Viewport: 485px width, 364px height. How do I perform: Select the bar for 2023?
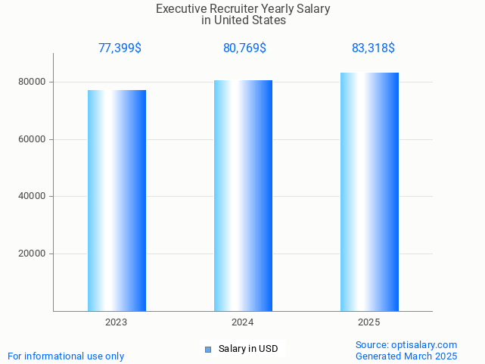pyautogui.click(x=117, y=201)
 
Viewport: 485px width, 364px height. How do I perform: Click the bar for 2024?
pyautogui.click(x=243, y=195)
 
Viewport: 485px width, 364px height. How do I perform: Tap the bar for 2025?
pyautogui.click(x=369, y=191)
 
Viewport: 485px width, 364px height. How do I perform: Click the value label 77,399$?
pyautogui.click(x=120, y=48)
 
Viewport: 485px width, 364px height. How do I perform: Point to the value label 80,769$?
pyautogui.click(x=244, y=48)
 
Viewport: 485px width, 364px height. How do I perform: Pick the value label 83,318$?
pyautogui.click(x=373, y=48)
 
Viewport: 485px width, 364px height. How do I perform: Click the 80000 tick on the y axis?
pyautogui.click(x=33, y=82)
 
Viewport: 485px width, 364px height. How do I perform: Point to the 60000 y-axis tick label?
pyautogui.click(x=33, y=139)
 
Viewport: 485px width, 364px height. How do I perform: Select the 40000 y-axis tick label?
pyautogui.click(x=33, y=197)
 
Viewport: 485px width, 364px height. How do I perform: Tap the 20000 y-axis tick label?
pyautogui.click(x=33, y=254)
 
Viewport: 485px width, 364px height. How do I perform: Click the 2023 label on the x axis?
pyautogui.click(x=117, y=322)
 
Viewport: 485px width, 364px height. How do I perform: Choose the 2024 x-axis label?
pyautogui.click(x=243, y=322)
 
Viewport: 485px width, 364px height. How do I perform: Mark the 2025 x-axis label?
pyautogui.click(x=369, y=322)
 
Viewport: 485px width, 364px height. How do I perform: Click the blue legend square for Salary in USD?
pyautogui.click(x=208, y=349)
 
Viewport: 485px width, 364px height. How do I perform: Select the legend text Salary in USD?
pyautogui.click(x=248, y=349)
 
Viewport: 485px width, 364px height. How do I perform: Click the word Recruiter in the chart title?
pyautogui.click(x=232, y=9)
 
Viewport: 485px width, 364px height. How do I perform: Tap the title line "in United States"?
pyautogui.click(x=244, y=20)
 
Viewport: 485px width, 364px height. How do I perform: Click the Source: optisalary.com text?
pyautogui.click(x=406, y=344)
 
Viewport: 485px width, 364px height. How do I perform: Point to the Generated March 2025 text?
pyautogui.click(x=406, y=356)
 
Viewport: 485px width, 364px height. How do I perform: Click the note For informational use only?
pyautogui.click(x=66, y=356)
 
